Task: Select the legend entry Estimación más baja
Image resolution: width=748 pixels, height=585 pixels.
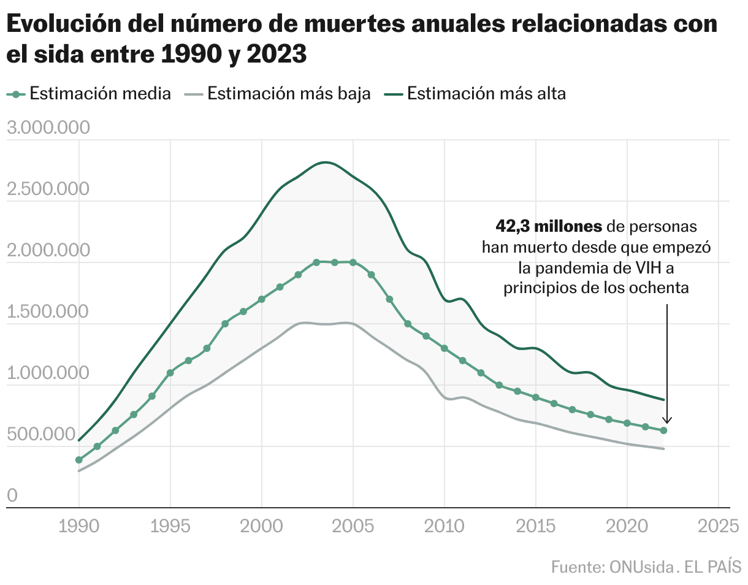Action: coord(289,94)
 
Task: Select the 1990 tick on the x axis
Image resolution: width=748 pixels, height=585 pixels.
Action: coord(79,526)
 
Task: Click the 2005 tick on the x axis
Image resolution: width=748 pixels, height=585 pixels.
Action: coord(353,526)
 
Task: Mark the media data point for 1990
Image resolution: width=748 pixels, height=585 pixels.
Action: coord(79,460)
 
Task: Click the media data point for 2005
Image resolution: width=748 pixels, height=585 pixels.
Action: coord(353,262)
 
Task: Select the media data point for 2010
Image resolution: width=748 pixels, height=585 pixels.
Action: coord(445,348)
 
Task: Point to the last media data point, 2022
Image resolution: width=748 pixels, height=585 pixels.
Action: coord(663,430)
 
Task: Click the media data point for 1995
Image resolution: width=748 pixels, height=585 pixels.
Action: coord(170,373)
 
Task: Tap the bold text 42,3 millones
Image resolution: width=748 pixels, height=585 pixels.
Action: coord(549,226)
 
